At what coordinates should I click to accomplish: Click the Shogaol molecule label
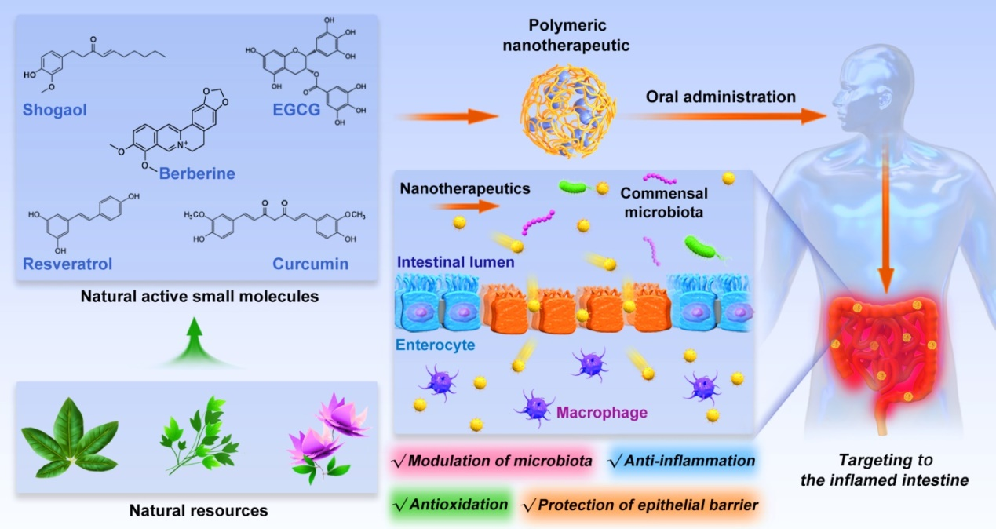tap(54, 110)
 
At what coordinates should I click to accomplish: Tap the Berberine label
tap(197, 173)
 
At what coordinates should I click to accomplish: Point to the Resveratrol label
tap(67, 264)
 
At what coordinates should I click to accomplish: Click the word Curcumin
tap(311, 264)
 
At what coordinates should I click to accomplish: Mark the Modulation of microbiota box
tap(493, 461)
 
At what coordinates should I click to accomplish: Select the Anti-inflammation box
tap(681, 461)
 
